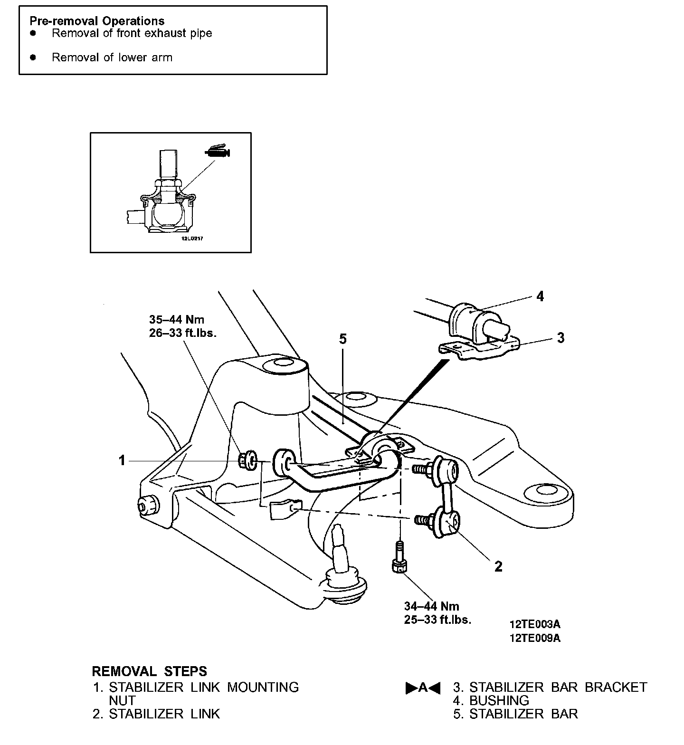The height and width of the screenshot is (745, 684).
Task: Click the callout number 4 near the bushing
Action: click(x=540, y=296)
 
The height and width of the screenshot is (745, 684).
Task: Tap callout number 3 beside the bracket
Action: click(x=560, y=338)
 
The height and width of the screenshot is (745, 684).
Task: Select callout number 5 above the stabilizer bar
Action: click(x=343, y=339)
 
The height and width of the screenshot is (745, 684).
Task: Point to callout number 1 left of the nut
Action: click(x=122, y=460)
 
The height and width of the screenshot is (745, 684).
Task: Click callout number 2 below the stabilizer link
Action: click(x=498, y=566)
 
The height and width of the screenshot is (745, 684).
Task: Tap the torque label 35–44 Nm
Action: click(x=177, y=319)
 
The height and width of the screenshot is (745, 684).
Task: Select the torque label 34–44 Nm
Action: click(x=431, y=606)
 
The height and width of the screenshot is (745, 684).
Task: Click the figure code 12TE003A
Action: click(x=534, y=624)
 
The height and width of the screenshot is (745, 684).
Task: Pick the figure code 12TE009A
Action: click(x=534, y=638)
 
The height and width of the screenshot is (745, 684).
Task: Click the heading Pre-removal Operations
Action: click(x=97, y=21)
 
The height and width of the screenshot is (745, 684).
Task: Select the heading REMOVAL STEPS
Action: click(x=149, y=671)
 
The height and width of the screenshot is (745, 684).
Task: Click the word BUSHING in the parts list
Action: click(x=499, y=700)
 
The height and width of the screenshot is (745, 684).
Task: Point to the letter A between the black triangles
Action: click(x=423, y=688)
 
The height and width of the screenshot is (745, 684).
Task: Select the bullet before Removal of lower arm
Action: click(x=33, y=57)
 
